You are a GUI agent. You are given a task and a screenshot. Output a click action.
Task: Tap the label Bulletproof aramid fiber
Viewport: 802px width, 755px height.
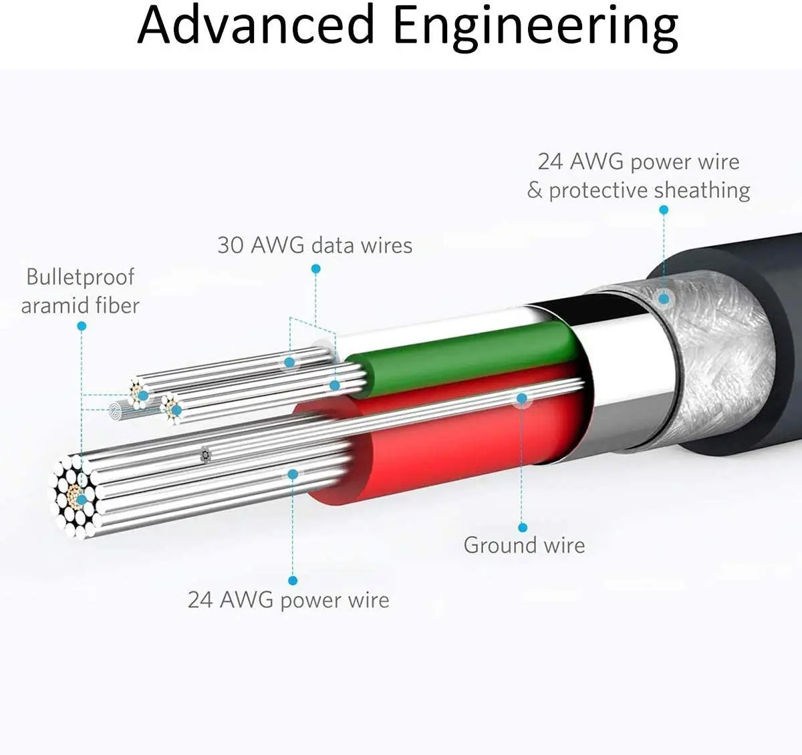pos(80,291)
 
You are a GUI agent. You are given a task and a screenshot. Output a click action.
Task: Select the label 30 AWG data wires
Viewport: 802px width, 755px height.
pos(314,245)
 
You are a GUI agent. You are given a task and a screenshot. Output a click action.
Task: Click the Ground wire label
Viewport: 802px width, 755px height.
pos(524,545)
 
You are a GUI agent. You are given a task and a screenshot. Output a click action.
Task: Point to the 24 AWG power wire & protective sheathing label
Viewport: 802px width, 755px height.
pos(638,176)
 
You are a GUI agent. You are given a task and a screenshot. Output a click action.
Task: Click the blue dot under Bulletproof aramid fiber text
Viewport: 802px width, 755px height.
pos(82,326)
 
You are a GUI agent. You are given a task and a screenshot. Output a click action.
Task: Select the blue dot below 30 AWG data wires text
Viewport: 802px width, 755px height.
pos(315,269)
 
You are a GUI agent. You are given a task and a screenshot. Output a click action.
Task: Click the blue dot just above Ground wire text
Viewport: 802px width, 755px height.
pos(523,527)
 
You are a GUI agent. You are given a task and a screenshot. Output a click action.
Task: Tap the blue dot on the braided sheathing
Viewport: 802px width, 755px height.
pos(663,299)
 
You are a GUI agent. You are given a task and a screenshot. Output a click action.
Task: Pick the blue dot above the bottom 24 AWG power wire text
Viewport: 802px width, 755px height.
pos(292,581)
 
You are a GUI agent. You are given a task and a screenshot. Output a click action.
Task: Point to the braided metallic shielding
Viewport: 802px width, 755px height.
pos(708,361)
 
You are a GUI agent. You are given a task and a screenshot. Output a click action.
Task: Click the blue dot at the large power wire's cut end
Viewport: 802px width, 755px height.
pos(82,498)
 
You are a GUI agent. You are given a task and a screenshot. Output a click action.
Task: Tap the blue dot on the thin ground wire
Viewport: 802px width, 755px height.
pos(522,398)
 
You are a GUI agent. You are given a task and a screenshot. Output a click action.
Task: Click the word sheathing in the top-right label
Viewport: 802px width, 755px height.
pos(702,190)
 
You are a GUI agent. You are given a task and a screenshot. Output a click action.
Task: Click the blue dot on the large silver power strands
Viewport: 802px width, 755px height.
pos(292,474)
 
